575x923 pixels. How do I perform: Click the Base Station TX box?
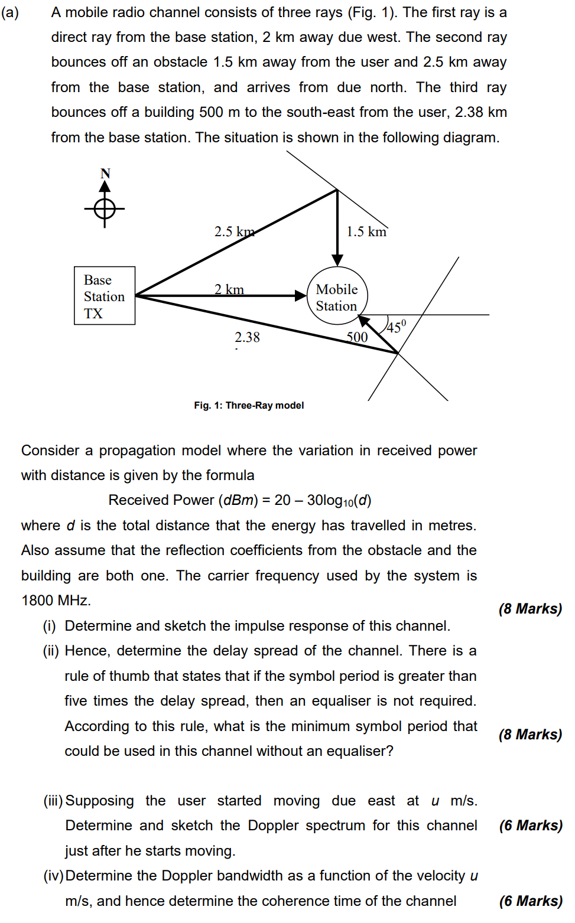tap(105, 296)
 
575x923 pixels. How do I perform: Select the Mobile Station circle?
tap(337, 296)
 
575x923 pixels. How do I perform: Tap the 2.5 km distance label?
tap(234, 231)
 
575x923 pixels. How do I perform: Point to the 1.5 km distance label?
tap(366, 231)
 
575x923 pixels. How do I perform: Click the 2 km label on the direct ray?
tap(229, 289)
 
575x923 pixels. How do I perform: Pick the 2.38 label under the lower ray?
tap(247, 337)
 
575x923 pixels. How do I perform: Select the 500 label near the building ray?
tap(357, 337)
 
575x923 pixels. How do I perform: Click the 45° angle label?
tap(396, 326)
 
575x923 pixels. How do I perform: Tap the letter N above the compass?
tap(105, 174)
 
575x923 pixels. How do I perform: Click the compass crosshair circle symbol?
tap(105, 208)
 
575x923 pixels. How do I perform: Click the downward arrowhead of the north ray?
tap(337, 260)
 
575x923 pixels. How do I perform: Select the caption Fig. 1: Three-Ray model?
tap(249, 405)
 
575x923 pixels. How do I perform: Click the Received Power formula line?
tap(240, 501)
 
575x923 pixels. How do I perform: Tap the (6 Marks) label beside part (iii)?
tap(530, 826)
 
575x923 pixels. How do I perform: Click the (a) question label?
tap(10, 13)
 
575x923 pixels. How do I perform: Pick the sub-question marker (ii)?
tap(50, 651)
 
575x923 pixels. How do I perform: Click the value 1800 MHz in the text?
tap(56, 601)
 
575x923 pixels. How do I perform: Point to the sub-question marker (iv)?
tap(53, 876)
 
